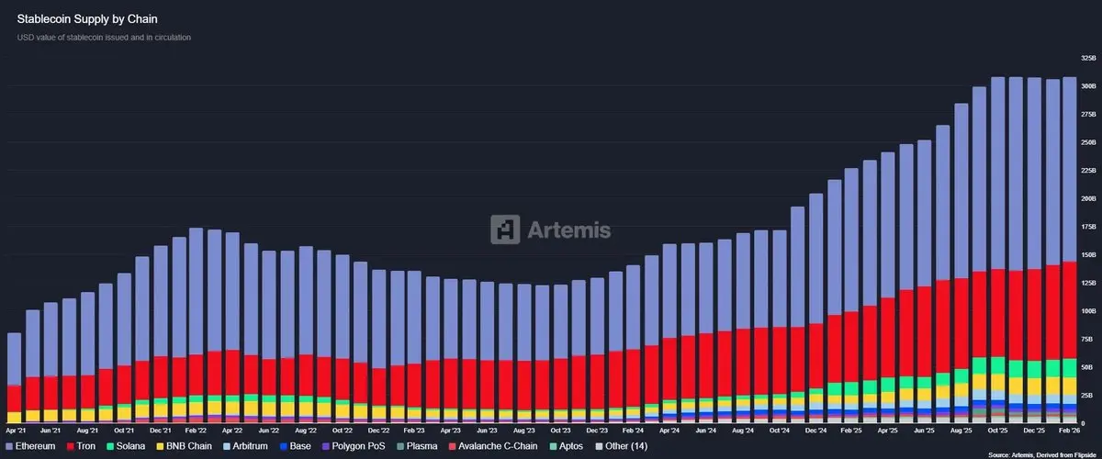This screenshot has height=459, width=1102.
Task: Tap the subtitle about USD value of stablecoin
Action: [104, 38]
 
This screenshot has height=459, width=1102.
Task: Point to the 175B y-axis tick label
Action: [1088, 226]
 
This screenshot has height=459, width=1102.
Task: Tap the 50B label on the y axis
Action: [1089, 367]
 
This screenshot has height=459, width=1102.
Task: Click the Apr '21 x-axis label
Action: [15, 429]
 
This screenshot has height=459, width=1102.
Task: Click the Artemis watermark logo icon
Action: [504, 229]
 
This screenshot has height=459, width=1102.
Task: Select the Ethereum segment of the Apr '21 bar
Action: [15, 358]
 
